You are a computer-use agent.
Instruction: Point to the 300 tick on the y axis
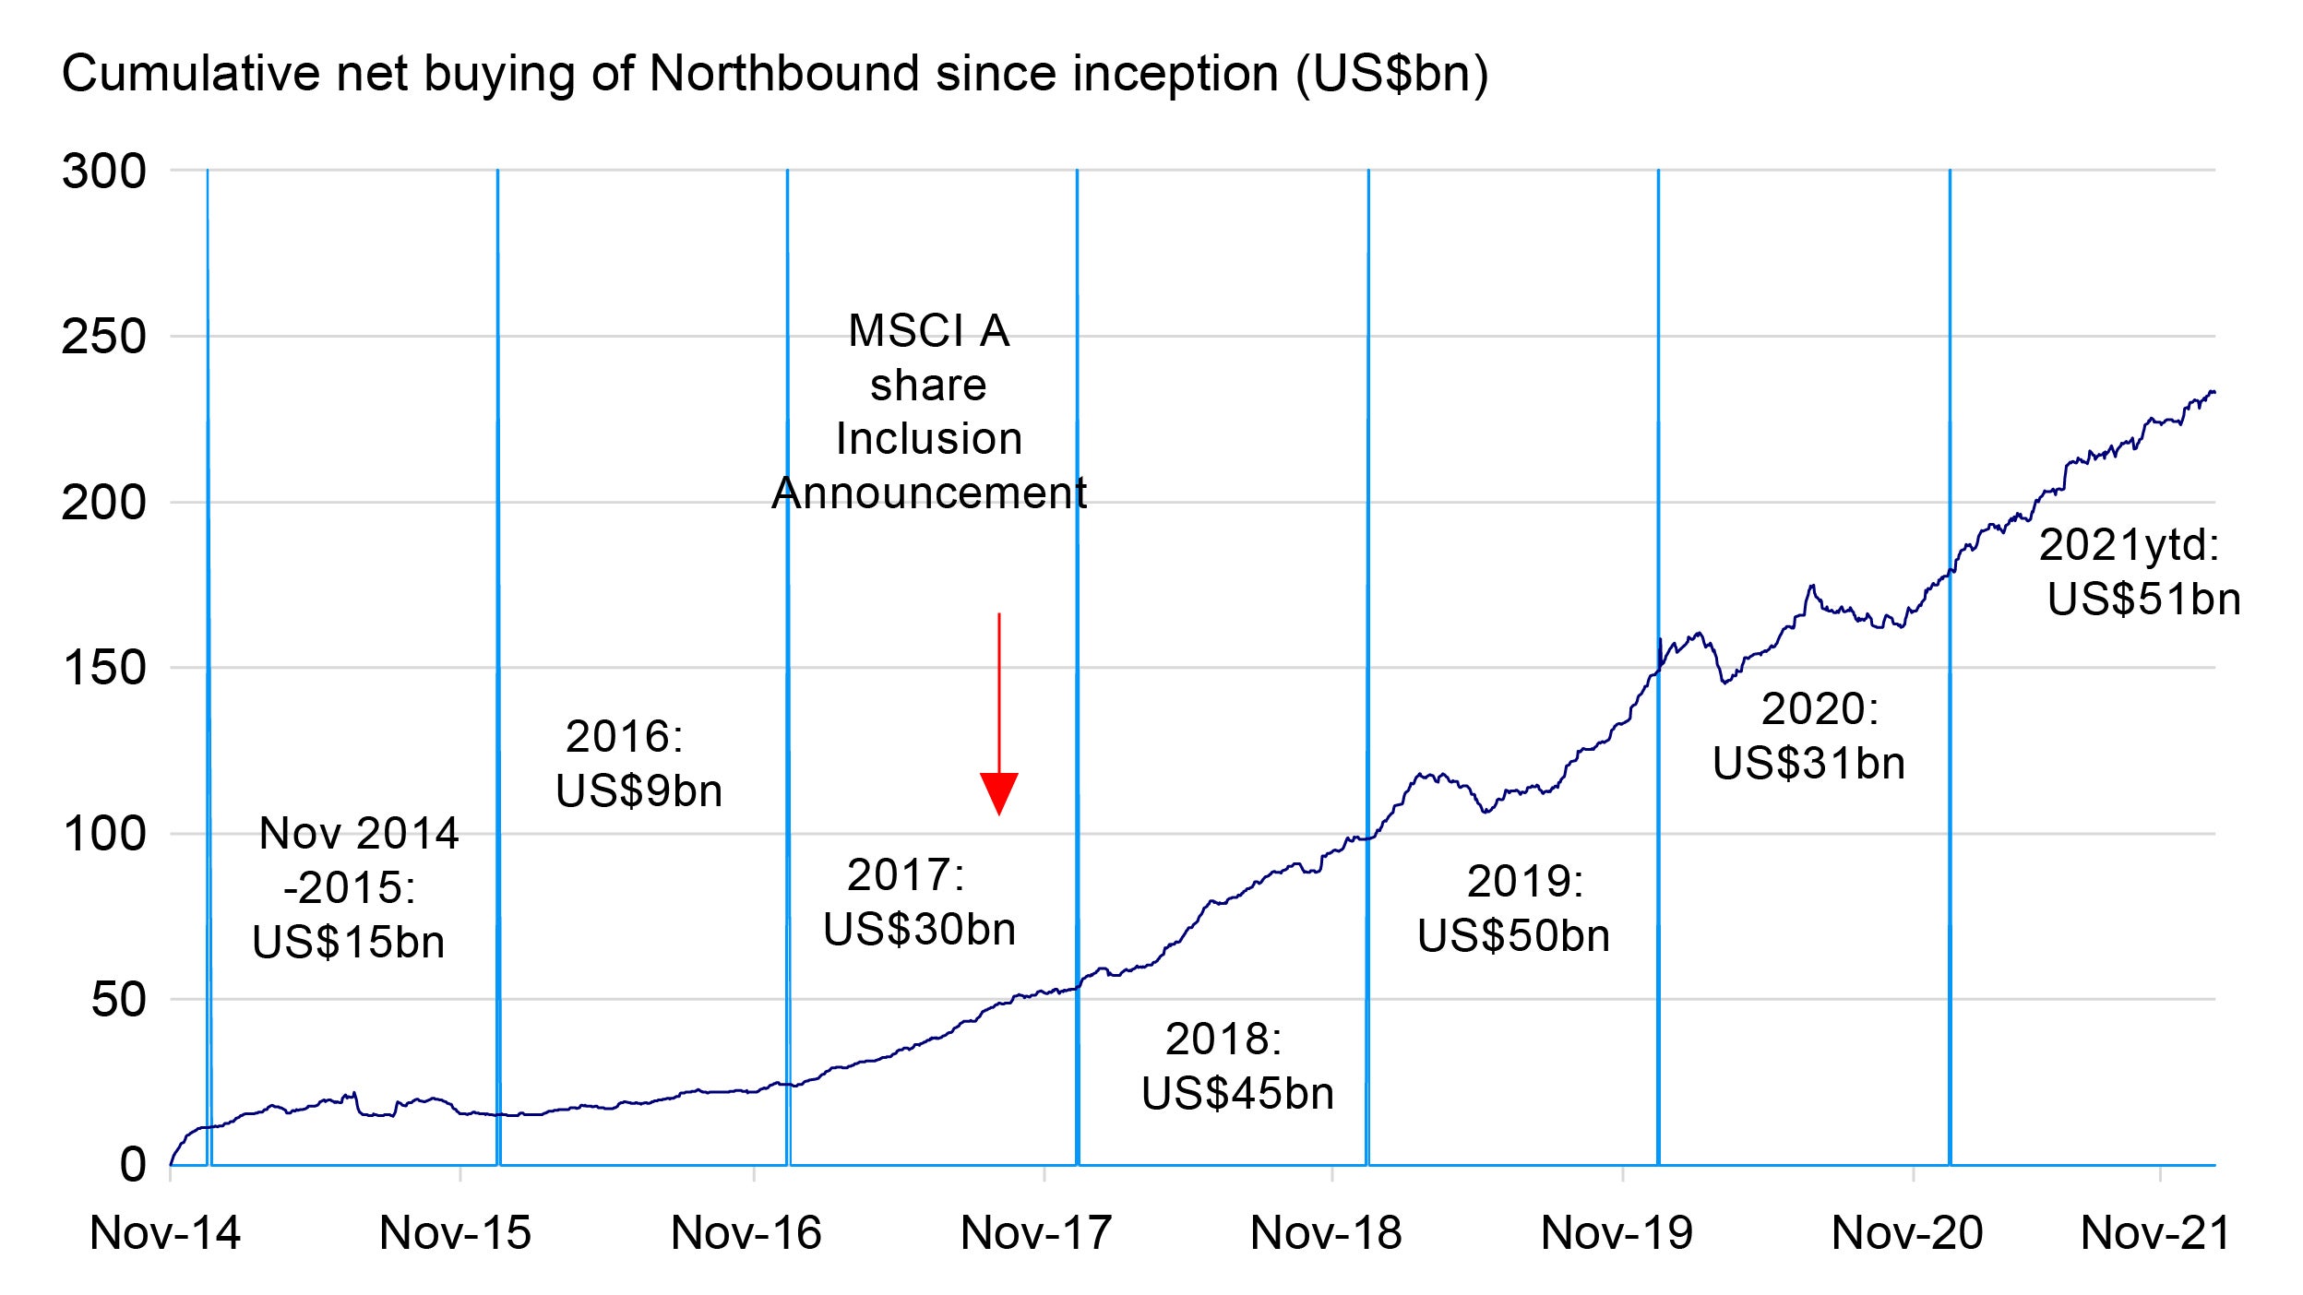[x=103, y=172]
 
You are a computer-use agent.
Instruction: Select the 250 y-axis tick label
[x=103, y=337]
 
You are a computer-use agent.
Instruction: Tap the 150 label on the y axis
[x=103, y=668]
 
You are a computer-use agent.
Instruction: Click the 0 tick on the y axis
[x=133, y=1165]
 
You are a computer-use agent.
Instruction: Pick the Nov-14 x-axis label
[x=165, y=1233]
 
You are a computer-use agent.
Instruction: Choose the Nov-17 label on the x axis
[x=1036, y=1233]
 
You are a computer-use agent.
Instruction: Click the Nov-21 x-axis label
[x=2156, y=1233]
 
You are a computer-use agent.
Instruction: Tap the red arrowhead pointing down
[x=999, y=792]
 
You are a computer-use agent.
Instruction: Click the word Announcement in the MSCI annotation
[x=929, y=493]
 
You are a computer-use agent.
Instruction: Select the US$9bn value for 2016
[x=638, y=791]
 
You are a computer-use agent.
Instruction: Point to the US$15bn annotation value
[x=349, y=943]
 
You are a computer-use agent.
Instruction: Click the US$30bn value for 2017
[x=919, y=929]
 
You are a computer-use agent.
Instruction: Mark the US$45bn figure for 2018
[x=1237, y=1094]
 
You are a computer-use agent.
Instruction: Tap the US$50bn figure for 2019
[x=1513, y=936]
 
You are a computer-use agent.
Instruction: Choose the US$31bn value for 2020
[x=1808, y=764]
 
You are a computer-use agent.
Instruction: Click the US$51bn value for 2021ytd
[x=2143, y=600]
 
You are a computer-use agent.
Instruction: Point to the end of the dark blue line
[x=2213, y=393]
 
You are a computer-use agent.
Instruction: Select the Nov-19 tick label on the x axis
[x=1617, y=1233]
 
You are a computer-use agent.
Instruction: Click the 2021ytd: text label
[x=2129, y=545]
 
